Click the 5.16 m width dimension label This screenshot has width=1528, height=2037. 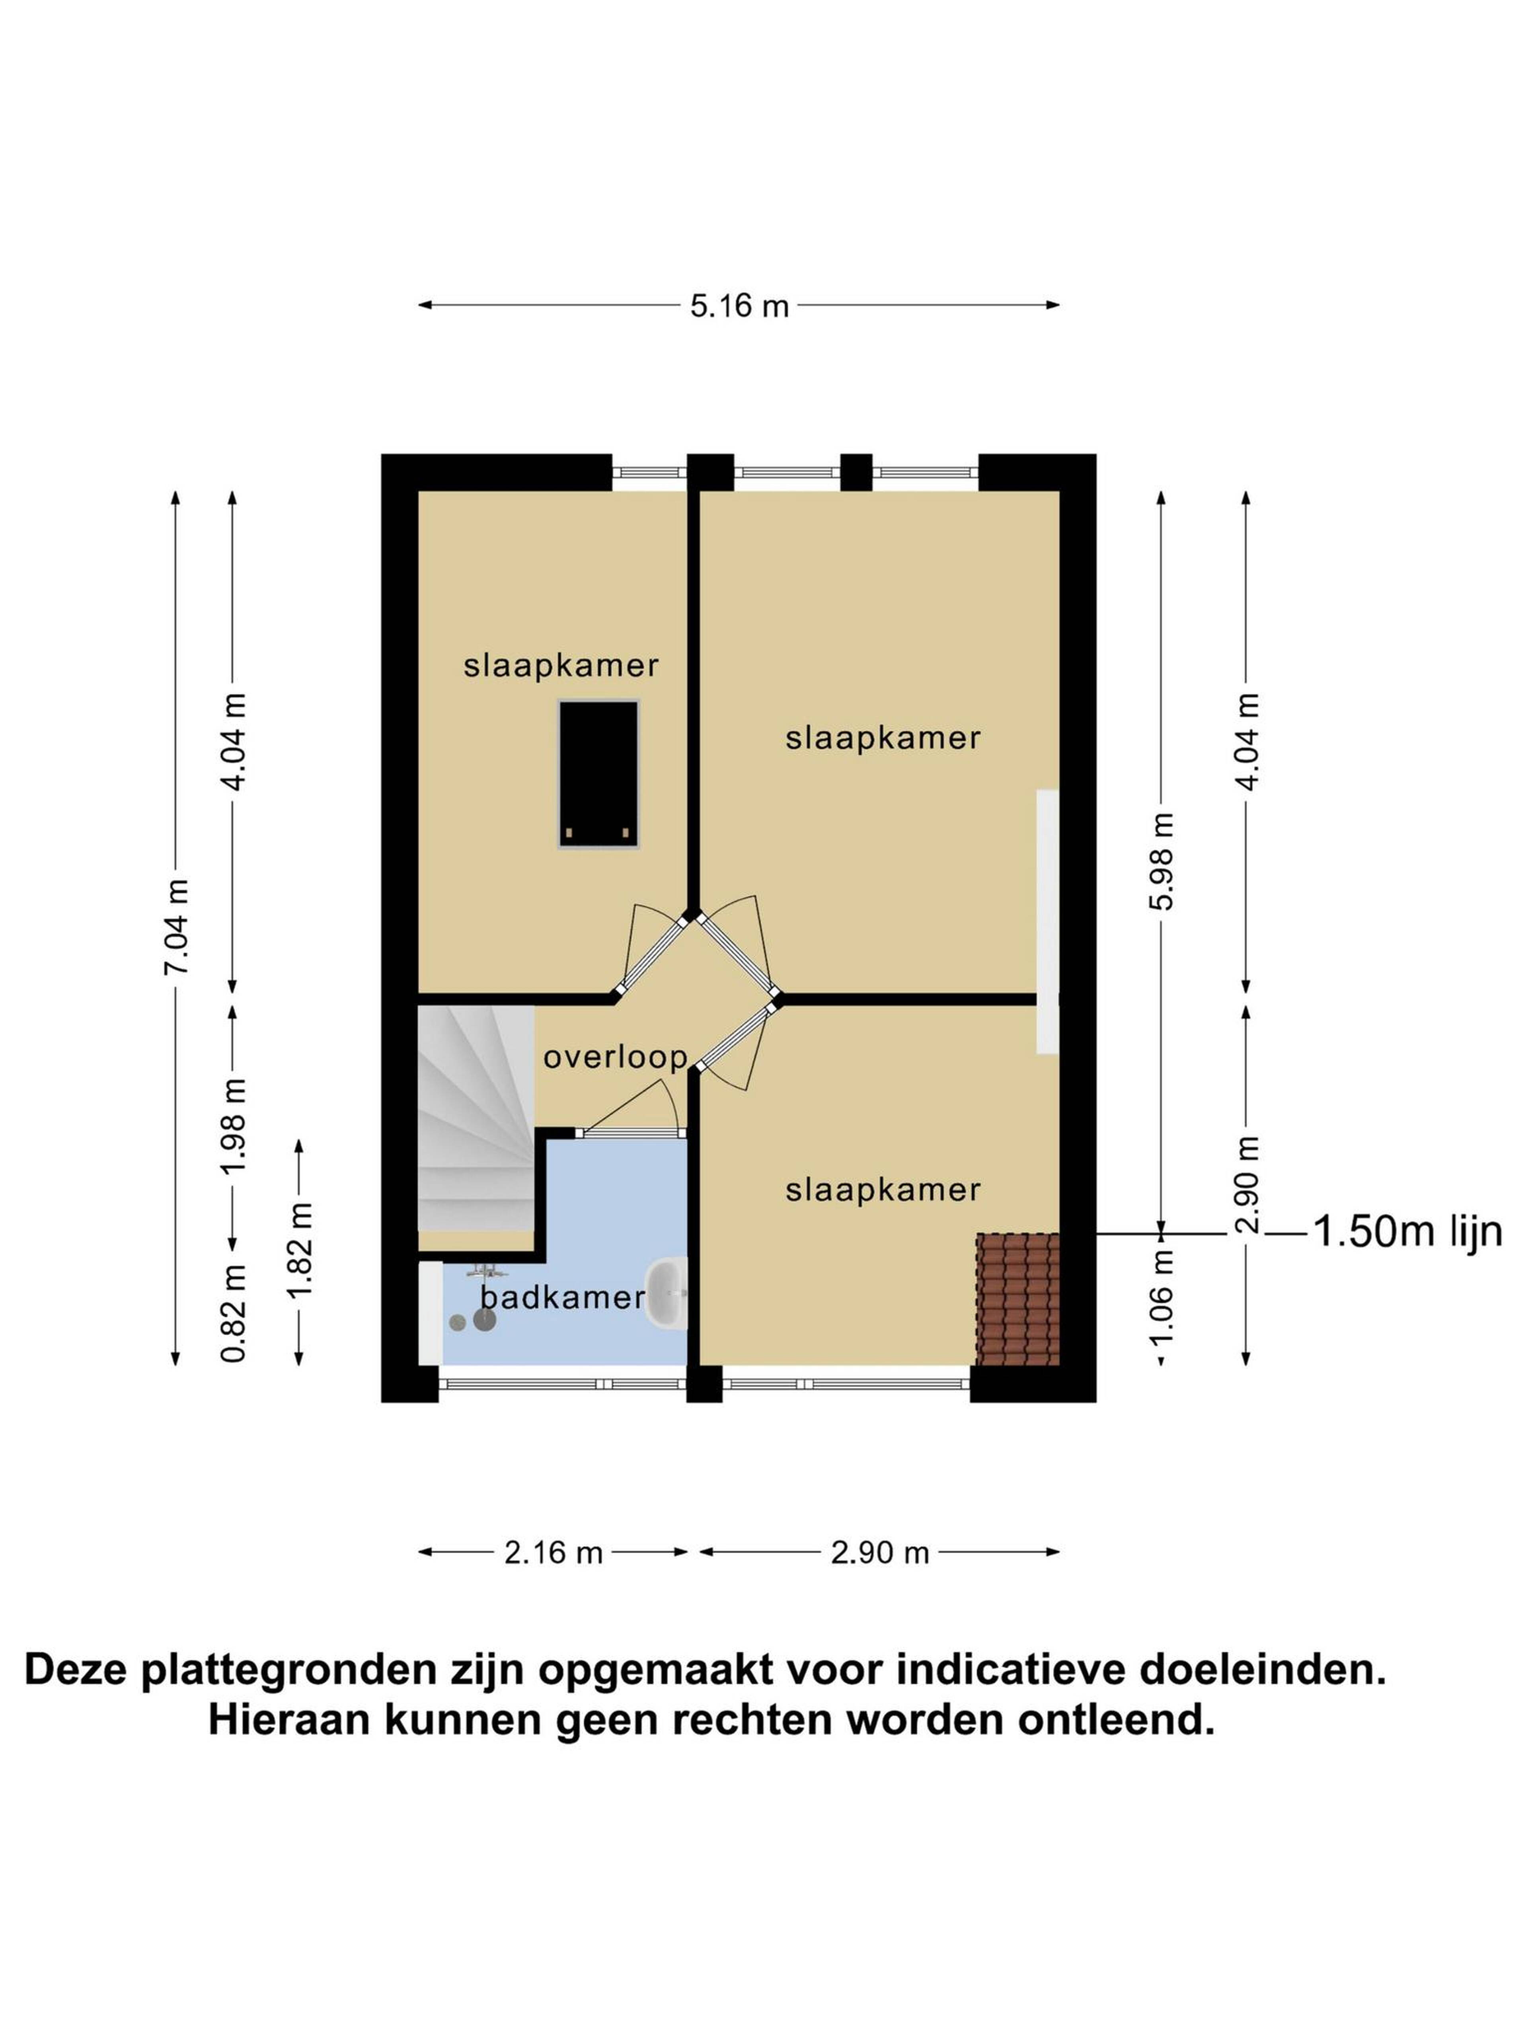[740, 306]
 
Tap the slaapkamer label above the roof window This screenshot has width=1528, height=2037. [561, 665]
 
